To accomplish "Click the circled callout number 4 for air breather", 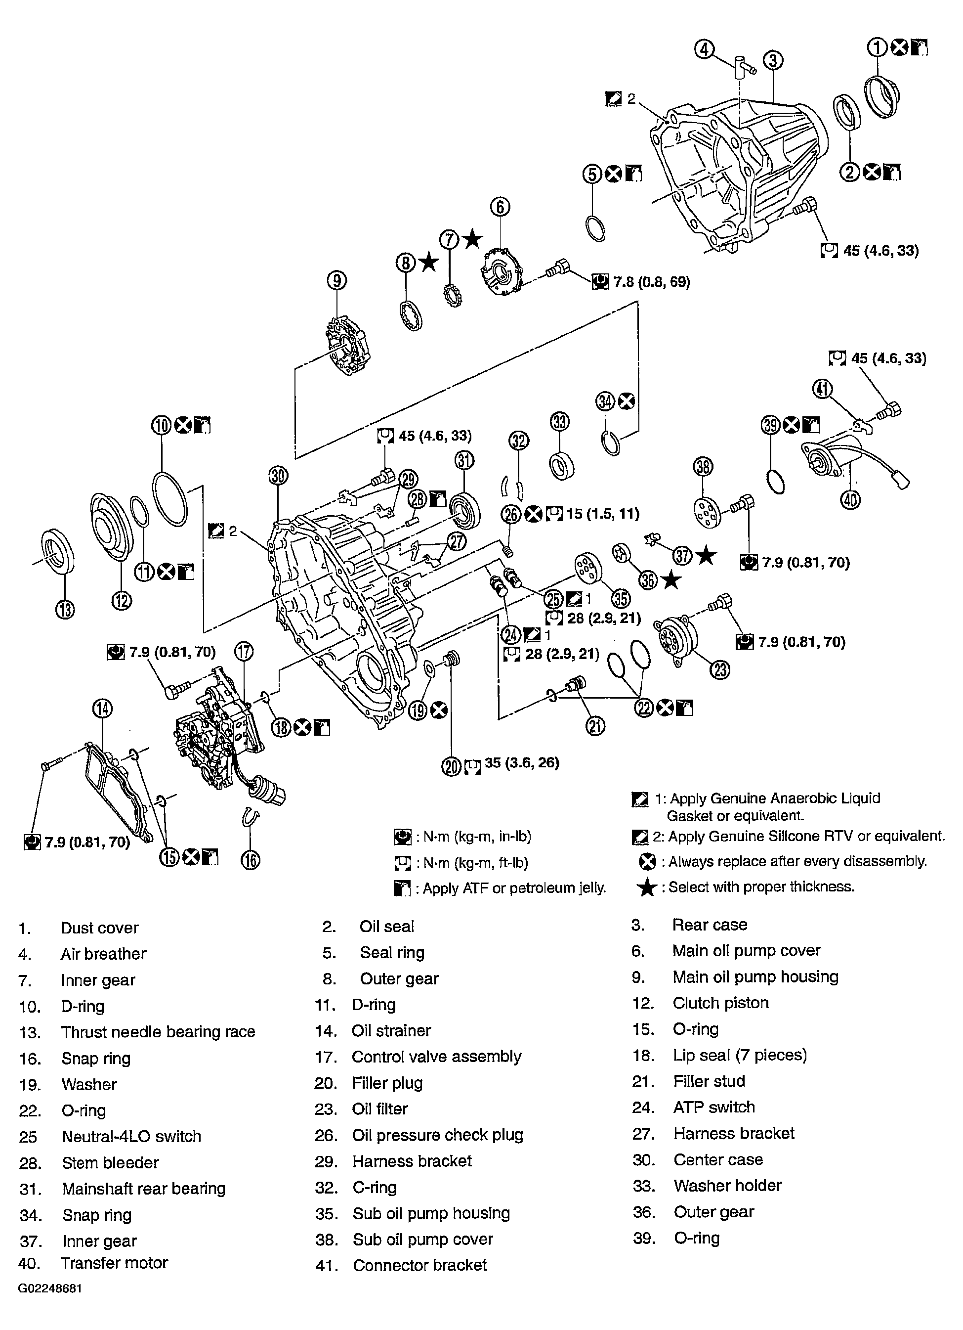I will point(705,50).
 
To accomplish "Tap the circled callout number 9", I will point(337,281).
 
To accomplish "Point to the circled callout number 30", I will point(278,476).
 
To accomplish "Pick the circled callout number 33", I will point(560,422).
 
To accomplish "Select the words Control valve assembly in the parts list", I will point(436,1056).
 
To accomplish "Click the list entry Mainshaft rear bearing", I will point(144,1188).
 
